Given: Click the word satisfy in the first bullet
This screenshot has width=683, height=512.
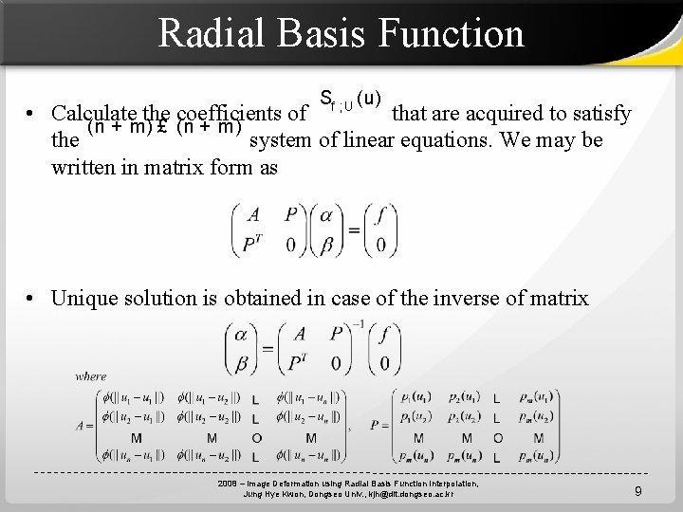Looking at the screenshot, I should (596, 115).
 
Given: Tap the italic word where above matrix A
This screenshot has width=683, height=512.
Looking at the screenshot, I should (91, 376).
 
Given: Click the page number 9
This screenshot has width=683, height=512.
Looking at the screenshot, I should (638, 491).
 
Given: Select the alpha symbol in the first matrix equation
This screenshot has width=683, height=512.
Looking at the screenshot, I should (327, 216).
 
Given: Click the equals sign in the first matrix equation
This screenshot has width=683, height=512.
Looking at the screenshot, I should (353, 229).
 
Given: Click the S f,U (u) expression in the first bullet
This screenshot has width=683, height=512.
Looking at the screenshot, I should (350, 99).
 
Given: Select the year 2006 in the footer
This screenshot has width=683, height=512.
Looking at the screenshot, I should (229, 484).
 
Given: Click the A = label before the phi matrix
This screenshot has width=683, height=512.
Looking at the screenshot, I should (85, 426).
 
